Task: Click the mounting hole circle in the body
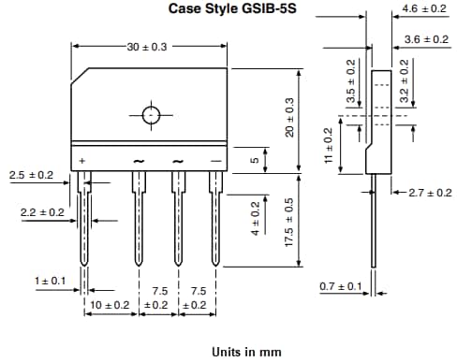point(151,115)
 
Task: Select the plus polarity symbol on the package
point(82,162)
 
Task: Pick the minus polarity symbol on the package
point(216,162)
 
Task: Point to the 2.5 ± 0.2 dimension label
point(31,175)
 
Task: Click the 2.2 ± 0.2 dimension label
point(42,213)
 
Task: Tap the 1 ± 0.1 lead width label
point(50,281)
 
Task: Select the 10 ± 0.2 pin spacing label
point(110,305)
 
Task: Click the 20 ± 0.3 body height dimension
point(289,118)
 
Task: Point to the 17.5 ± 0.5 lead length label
point(289,221)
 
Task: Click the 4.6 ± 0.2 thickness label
point(423,8)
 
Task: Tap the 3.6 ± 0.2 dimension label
point(423,39)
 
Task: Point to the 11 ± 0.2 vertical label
point(328,147)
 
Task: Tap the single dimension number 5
point(253,160)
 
